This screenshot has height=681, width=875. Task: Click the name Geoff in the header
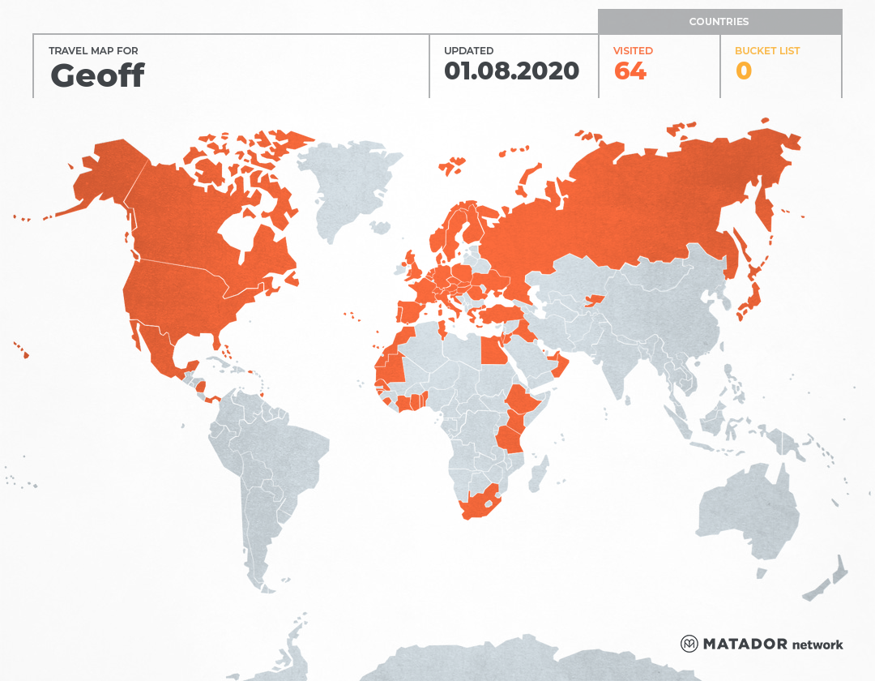tap(97, 75)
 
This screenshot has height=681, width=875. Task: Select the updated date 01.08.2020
tap(511, 71)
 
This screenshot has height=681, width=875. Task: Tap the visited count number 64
tap(630, 71)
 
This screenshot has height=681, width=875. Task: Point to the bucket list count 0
tap(743, 71)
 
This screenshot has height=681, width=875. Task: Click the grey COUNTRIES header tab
tap(719, 22)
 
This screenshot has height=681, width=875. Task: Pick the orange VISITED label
tap(633, 50)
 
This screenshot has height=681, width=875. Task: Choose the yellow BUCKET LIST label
tap(766, 50)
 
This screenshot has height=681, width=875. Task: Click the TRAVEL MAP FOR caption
tap(94, 51)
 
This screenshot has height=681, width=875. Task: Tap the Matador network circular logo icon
tap(689, 644)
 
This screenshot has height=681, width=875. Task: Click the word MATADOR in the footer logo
tap(745, 644)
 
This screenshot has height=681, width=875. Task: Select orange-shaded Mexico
tap(158, 349)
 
